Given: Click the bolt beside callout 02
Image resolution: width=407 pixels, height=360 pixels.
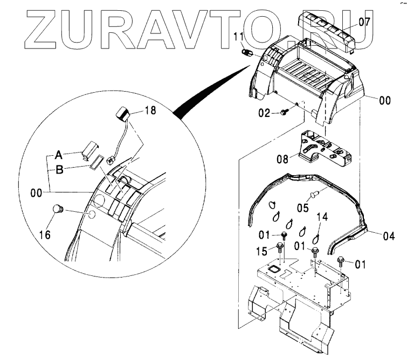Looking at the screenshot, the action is point(284,112).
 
